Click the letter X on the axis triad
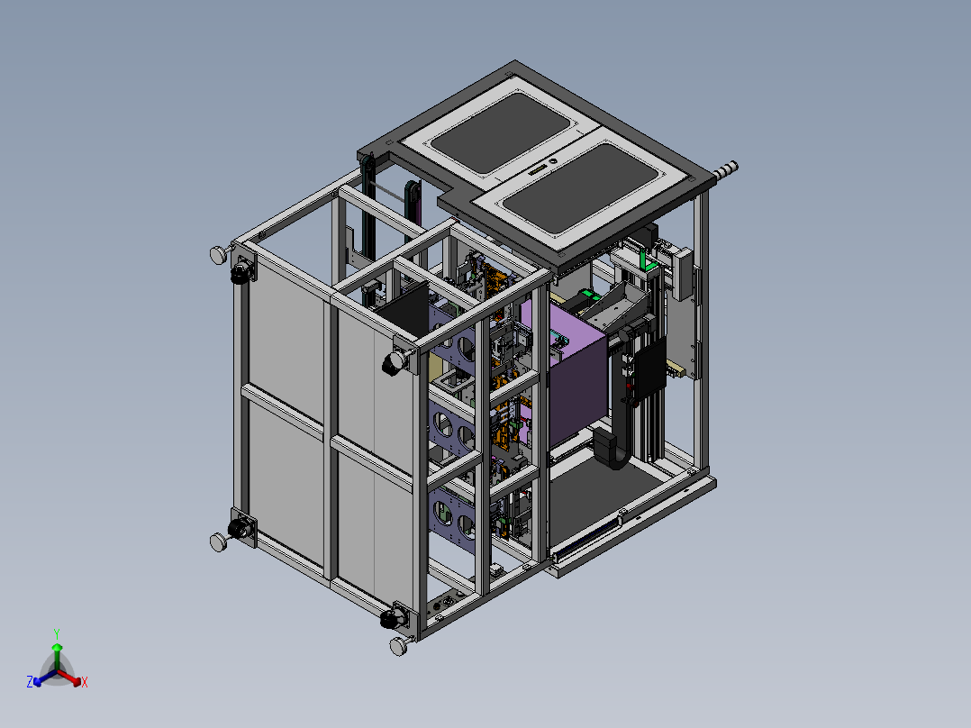pyautogui.click(x=85, y=682)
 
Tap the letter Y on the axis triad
pyautogui.click(x=57, y=634)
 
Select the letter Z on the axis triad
pyautogui.click(x=30, y=681)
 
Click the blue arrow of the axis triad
pyautogui.click(x=45, y=678)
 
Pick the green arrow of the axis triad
pyautogui.click(x=57, y=657)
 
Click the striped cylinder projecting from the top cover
pyautogui.click(x=725, y=171)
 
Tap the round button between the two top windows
pyautogui.click(x=552, y=161)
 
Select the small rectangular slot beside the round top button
pyautogui.click(x=539, y=169)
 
